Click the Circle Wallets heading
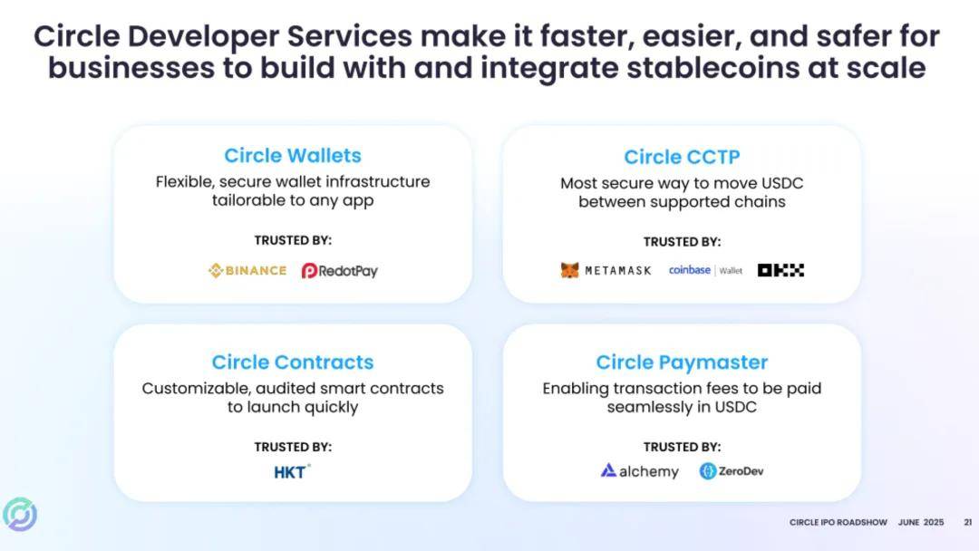point(293,155)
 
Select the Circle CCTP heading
point(682,157)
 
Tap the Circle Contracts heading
point(293,362)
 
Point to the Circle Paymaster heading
point(682,362)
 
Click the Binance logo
point(247,270)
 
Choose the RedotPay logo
point(340,271)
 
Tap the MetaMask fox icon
point(569,270)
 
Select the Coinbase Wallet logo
point(705,270)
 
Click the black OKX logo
point(781,270)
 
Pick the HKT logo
point(292,472)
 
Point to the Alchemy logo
point(639,471)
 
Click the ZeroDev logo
point(732,471)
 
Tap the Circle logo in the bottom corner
point(20,514)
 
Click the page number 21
point(968,522)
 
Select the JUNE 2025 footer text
point(921,522)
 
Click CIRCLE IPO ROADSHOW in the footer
point(838,522)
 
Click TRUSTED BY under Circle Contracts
point(293,447)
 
